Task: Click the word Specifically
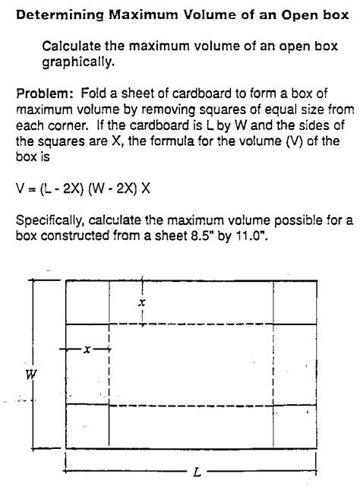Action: [50, 221]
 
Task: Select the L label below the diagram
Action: [197, 472]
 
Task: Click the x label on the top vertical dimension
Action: [141, 302]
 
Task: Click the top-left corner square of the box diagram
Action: [87, 302]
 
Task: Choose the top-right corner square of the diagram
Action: [293, 302]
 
